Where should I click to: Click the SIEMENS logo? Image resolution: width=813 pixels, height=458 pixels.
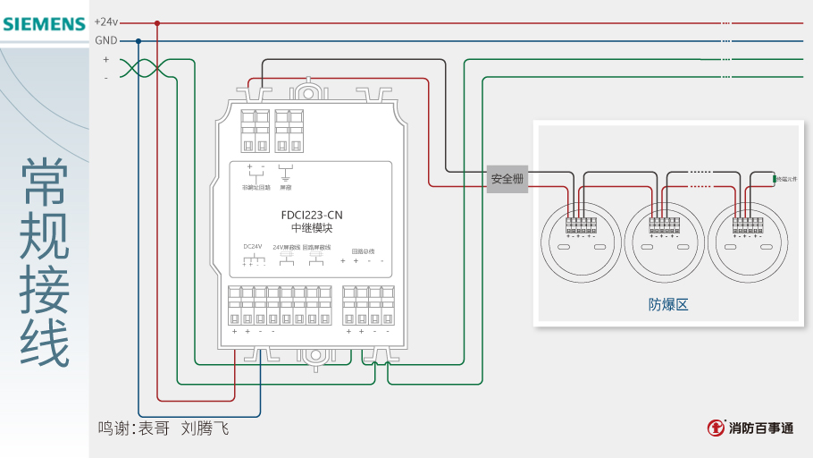44,23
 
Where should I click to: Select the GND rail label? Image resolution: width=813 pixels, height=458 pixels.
105,40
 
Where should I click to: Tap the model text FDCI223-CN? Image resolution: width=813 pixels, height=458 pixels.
311,215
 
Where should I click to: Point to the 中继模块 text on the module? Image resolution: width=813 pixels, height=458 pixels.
311,228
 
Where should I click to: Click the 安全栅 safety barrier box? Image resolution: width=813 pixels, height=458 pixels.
507,179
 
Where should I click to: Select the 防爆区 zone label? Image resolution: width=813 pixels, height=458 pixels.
668,304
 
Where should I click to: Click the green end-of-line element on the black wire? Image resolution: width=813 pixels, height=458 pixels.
774,180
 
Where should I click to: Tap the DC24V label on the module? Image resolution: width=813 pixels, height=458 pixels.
253,247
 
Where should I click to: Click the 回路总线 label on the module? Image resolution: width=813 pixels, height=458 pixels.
363,251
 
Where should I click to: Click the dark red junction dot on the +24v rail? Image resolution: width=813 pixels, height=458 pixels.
157,23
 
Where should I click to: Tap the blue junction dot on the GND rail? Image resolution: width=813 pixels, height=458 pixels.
138,40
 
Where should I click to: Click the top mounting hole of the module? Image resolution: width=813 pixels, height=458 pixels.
308,91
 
